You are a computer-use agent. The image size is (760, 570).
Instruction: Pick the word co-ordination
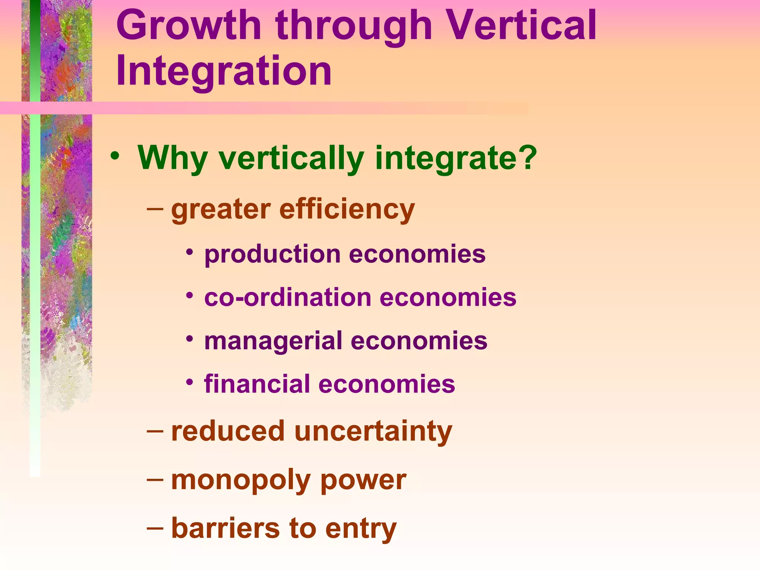tap(288, 298)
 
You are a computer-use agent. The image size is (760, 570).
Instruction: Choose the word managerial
tap(273, 341)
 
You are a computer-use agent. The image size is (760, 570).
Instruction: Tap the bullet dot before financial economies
tap(190, 382)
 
